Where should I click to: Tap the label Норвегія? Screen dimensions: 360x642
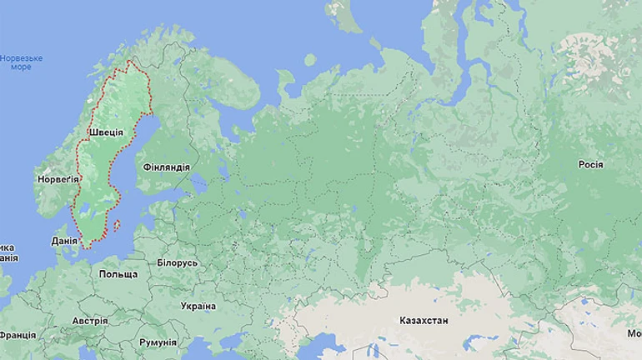point(58,179)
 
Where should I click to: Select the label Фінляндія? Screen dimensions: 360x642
point(167,167)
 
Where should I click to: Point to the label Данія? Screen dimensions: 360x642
point(64,241)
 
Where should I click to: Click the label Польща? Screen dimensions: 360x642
point(118,274)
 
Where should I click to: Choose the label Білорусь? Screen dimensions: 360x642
point(177,262)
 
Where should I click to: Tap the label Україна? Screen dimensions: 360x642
point(198,306)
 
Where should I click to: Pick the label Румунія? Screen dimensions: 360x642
point(158,342)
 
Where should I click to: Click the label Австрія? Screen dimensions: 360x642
point(89,321)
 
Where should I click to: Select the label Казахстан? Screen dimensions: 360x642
point(424,320)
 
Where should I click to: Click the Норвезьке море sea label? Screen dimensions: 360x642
point(21,62)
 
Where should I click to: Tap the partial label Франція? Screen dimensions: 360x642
point(17,335)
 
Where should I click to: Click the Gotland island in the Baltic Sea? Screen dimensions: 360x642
point(118,223)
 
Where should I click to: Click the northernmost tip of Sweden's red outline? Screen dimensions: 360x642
point(129,61)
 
